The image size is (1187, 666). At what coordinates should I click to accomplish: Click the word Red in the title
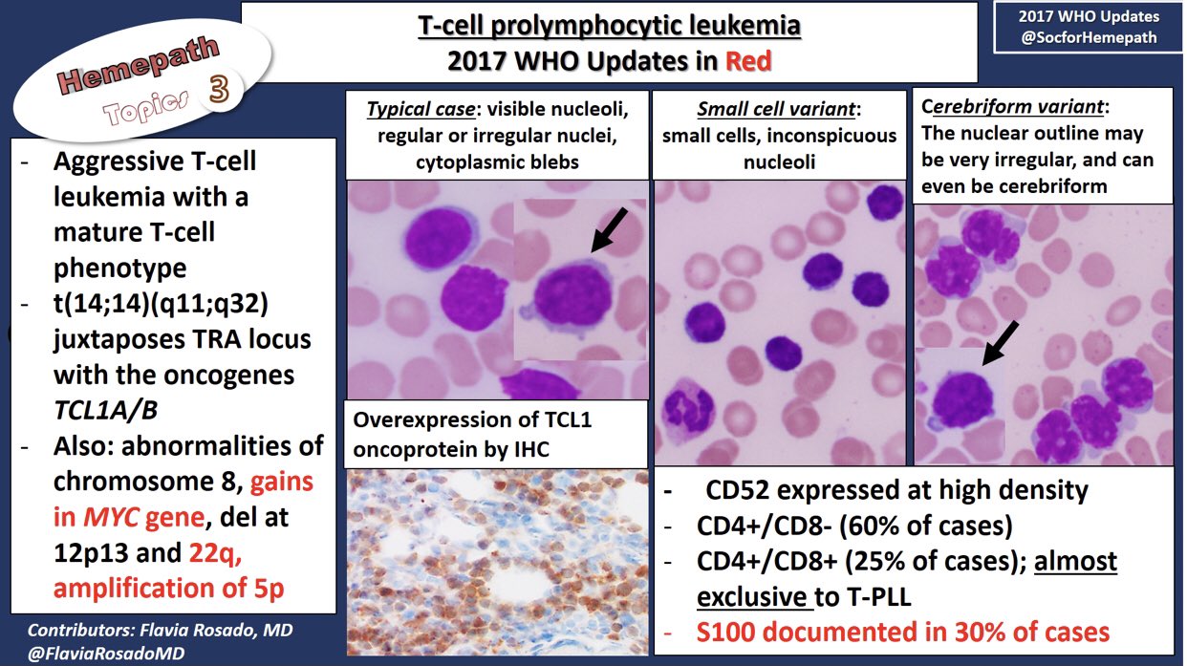(748, 61)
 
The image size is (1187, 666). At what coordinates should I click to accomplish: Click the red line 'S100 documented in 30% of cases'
(903, 632)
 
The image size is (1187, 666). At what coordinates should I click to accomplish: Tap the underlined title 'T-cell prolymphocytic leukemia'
(609, 25)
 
